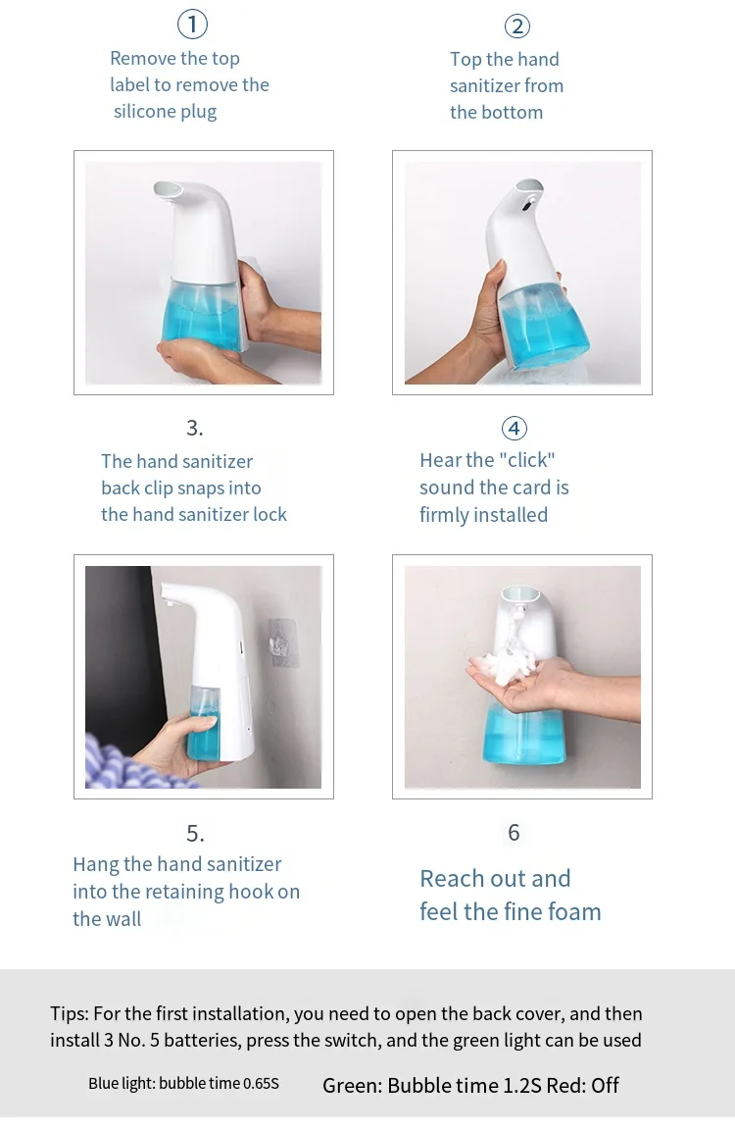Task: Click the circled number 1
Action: coord(193,25)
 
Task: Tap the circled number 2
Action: coord(517,26)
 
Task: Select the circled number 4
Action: coord(514,428)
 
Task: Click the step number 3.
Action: coord(195,428)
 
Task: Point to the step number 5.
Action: coord(195,834)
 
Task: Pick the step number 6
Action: coord(514,833)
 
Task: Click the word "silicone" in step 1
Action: coord(144,111)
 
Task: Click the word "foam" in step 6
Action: coord(573,912)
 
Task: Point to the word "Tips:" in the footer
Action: coord(70,1014)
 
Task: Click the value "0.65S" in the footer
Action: coord(261,1084)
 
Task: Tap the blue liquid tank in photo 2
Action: coord(542,325)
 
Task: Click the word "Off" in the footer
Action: coord(606,1086)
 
